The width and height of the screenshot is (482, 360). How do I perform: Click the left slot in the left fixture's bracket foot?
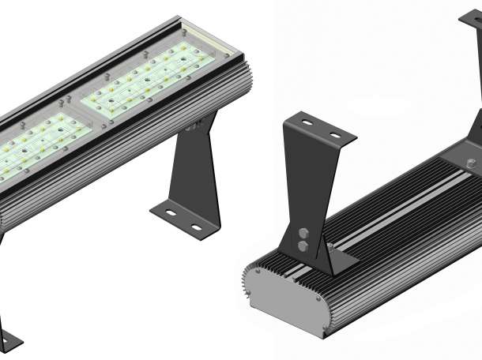(167, 212)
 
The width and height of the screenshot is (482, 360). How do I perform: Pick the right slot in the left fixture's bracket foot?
(196, 228)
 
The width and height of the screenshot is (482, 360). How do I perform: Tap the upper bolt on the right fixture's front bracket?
(304, 234)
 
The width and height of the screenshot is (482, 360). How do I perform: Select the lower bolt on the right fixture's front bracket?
(304, 246)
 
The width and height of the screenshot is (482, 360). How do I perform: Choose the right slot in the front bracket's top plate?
(335, 135)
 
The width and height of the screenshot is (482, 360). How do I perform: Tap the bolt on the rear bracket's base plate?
(472, 163)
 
